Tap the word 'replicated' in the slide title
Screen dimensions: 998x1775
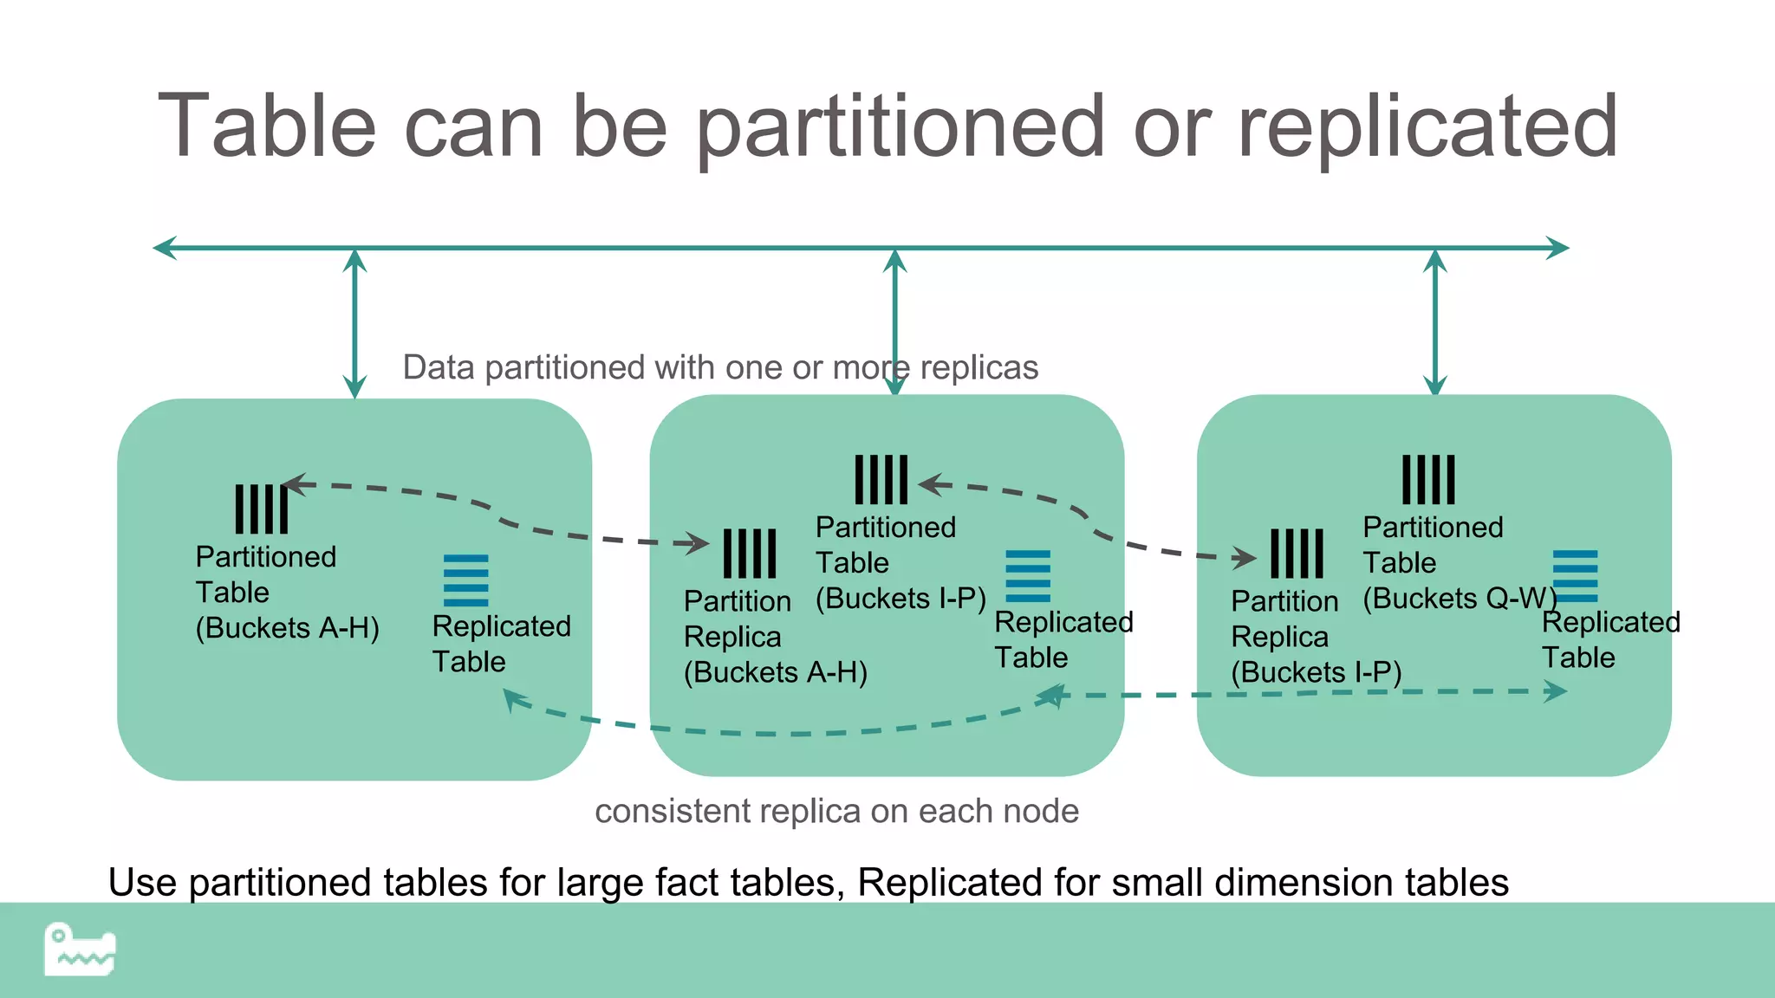[x=1427, y=128]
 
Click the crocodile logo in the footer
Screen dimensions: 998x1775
[x=80, y=949]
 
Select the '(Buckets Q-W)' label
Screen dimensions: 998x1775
[x=1460, y=599]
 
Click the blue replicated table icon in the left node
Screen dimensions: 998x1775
[x=465, y=580]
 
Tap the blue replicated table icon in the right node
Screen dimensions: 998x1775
[x=1575, y=576]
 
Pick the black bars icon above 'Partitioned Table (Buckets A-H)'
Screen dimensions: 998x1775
[x=261, y=509]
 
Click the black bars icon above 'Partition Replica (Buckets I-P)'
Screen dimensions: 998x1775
[x=1297, y=554]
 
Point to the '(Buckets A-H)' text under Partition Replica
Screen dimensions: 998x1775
[x=775, y=672]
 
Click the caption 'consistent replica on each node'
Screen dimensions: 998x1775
[x=836, y=812]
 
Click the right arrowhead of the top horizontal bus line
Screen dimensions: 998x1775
[x=1557, y=248]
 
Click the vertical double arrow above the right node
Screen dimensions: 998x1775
[x=1435, y=322]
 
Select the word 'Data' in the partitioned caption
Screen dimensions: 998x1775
[x=439, y=367]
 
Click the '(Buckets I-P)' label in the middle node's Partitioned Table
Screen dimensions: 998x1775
[x=901, y=599]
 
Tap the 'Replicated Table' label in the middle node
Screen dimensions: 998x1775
[x=1063, y=639]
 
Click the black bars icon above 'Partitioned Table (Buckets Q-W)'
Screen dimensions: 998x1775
[x=1428, y=479]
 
